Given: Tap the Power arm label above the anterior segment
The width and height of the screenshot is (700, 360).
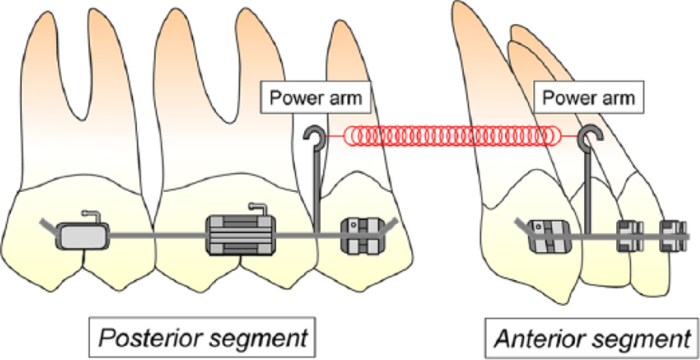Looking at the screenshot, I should point(588,98).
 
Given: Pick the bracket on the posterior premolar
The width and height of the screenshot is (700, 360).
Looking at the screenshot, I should point(359,235).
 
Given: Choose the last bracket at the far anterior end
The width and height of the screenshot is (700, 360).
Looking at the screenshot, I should point(672,236).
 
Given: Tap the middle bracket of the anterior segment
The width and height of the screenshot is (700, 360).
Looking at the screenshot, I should point(629,236).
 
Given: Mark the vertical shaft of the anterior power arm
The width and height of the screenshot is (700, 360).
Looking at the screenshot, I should point(587,191).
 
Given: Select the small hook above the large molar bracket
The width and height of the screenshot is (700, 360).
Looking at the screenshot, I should point(257,208).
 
